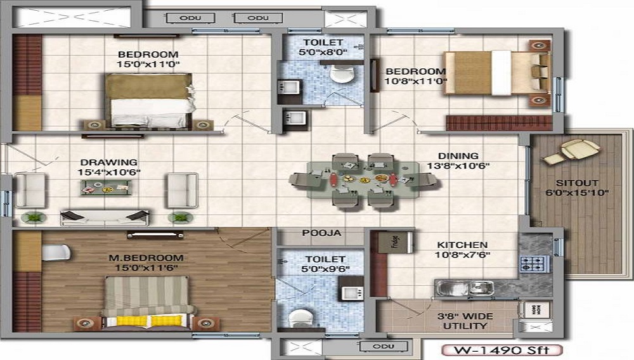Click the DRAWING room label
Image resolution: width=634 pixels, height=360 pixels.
[109, 162]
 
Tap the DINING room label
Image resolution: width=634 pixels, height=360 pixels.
[458, 156]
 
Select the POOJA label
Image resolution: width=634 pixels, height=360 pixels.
[322, 233]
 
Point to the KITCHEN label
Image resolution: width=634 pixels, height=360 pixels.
[462, 245]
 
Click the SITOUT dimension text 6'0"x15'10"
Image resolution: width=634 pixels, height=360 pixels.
[577, 193]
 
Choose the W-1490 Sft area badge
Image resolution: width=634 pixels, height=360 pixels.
[501, 350]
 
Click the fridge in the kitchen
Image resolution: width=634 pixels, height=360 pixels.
[396, 242]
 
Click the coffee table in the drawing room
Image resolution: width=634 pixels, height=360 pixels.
[106, 188]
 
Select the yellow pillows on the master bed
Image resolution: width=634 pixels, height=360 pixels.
[149, 321]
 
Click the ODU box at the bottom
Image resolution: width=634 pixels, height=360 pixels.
[383, 346]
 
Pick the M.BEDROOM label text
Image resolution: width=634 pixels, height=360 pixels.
[146, 258]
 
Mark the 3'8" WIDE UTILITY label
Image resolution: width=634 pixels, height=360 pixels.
[465, 321]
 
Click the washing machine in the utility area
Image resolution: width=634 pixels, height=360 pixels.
[534, 309]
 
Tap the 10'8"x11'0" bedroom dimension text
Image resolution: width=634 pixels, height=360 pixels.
[416, 80]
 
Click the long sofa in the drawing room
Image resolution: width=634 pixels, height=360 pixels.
[105, 217]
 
